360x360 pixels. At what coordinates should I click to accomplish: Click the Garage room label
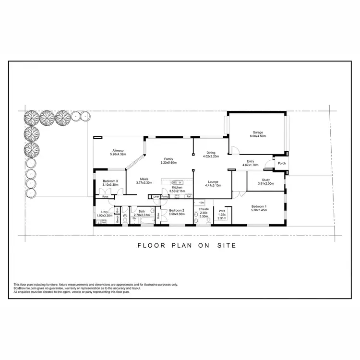click(258, 132)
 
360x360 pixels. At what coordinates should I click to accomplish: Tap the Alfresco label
click(118, 150)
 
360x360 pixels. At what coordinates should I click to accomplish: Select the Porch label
click(281, 163)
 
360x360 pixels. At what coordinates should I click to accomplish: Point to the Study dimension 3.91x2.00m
click(265, 184)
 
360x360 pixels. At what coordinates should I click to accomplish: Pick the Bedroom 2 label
click(177, 210)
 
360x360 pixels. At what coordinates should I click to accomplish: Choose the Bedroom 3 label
click(110, 180)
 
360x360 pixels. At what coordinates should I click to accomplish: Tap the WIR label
click(222, 210)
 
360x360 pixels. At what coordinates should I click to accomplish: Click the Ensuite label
click(203, 209)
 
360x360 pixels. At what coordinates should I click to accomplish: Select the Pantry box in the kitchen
click(165, 196)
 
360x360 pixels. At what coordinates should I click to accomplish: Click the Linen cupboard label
click(156, 196)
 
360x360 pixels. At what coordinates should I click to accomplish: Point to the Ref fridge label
click(189, 196)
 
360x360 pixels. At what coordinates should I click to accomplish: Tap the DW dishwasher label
click(173, 182)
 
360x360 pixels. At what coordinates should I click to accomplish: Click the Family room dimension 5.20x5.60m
click(168, 163)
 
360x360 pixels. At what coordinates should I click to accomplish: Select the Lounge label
click(213, 182)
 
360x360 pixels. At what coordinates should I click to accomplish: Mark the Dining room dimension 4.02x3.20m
click(211, 156)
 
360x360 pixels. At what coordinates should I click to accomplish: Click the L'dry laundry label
click(104, 212)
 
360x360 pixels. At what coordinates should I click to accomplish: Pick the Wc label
click(124, 216)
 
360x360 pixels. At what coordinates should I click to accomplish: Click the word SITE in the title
click(227, 245)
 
